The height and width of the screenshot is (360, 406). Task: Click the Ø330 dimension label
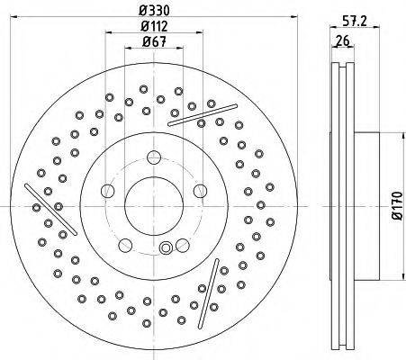[154, 11]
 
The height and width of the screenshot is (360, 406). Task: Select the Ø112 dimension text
[154, 26]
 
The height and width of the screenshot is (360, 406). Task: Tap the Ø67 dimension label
[154, 41]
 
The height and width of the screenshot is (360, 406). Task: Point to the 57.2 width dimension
[355, 22]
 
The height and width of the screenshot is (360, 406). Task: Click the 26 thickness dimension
[343, 40]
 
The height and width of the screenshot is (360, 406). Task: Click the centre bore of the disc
[154, 206]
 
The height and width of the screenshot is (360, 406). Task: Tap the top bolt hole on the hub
[154, 157]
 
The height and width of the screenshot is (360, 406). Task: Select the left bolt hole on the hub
[108, 191]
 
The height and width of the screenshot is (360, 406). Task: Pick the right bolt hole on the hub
[200, 191]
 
